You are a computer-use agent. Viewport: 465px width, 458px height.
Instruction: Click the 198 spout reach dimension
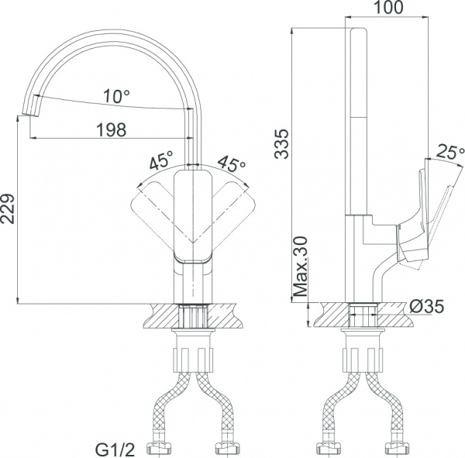coord(112,129)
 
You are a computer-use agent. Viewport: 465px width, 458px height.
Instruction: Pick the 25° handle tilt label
coord(449,152)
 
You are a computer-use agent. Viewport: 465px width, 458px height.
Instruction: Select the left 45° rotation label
coord(161,163)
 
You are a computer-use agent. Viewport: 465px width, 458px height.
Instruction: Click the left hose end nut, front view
coord(165,448)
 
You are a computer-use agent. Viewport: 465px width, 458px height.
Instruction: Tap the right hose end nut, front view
coord(226,448)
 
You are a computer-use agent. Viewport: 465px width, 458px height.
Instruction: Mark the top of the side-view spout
coord(360,35)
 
